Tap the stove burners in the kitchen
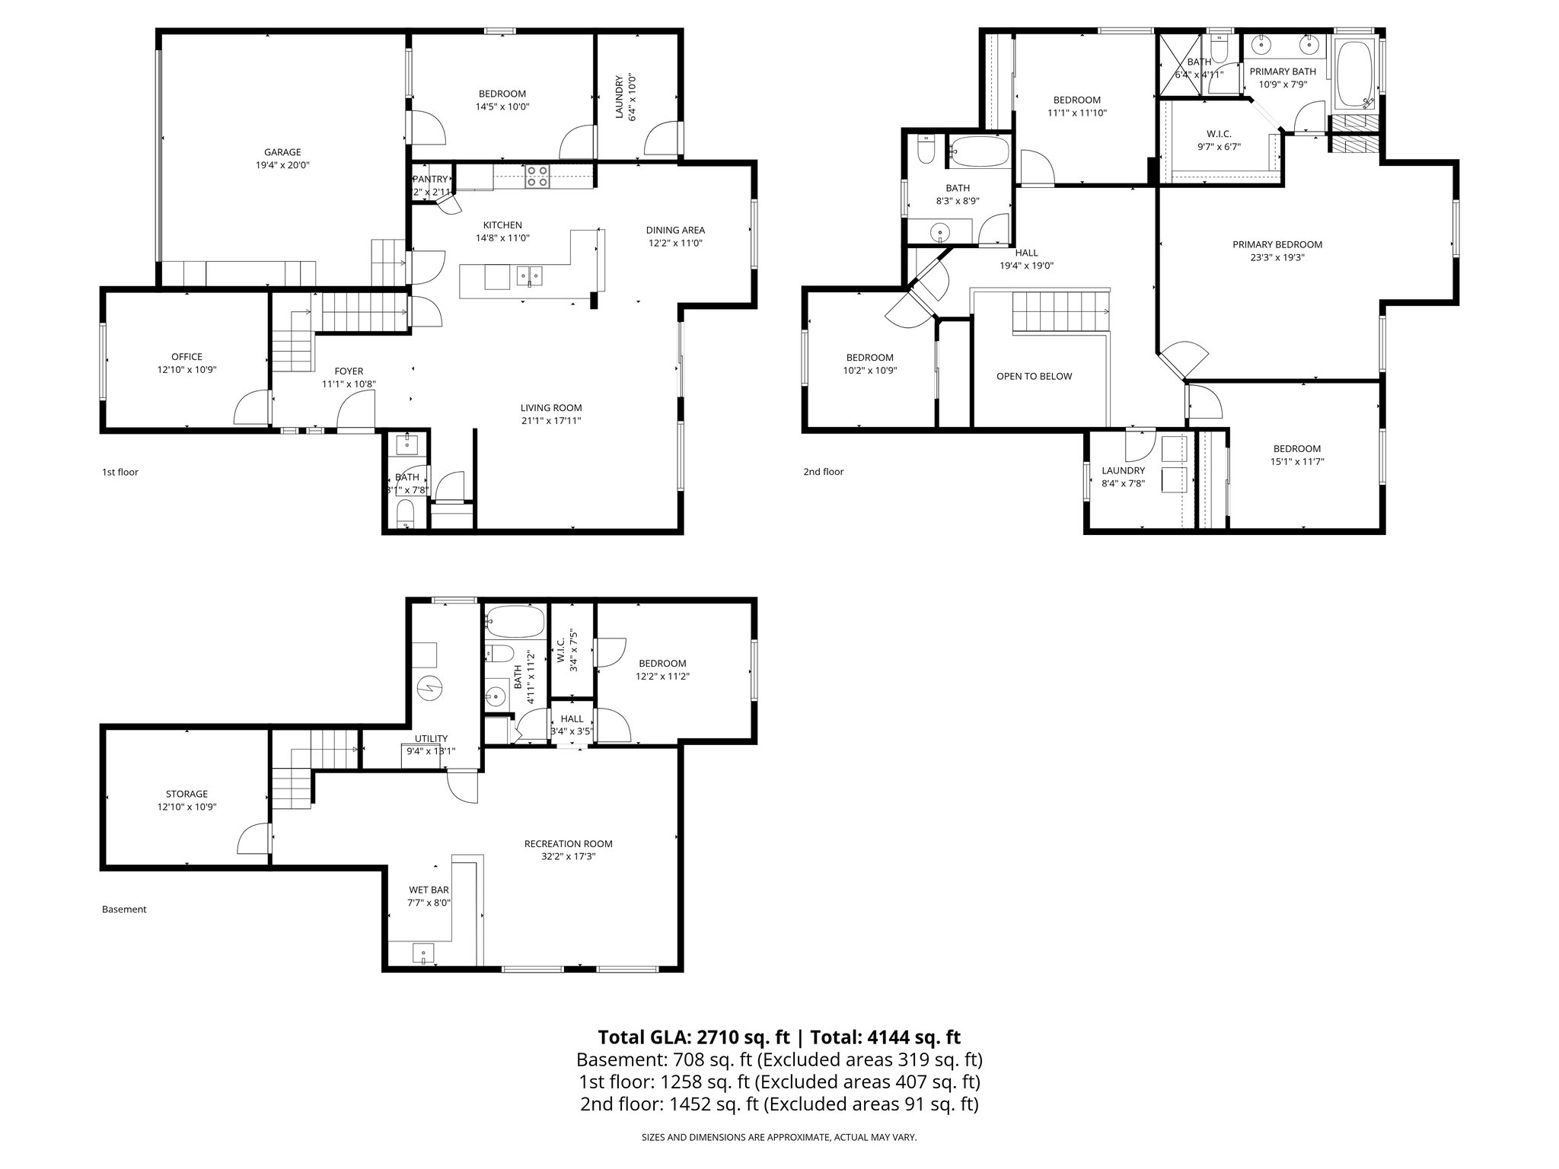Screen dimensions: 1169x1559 [537, 177]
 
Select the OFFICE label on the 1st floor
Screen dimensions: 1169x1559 [187, 357]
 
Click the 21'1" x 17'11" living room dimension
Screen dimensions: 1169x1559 [551, 421]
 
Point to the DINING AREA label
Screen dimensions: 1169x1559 [675, 230]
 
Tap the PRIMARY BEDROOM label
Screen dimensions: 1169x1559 [1277, 244]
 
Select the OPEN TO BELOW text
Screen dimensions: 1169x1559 [1034, 376]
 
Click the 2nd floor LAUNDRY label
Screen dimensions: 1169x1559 [1123, 470]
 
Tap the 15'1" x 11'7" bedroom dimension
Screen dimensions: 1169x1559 [1296, 461]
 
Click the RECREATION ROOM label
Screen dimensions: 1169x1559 [568, 843]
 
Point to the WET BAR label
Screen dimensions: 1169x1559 [429, 890]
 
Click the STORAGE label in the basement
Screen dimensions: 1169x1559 [187, 794]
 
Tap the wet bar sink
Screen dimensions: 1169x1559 [423, 952]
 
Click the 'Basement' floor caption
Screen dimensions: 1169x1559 [124, 909]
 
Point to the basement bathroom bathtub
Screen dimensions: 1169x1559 [515, 621]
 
